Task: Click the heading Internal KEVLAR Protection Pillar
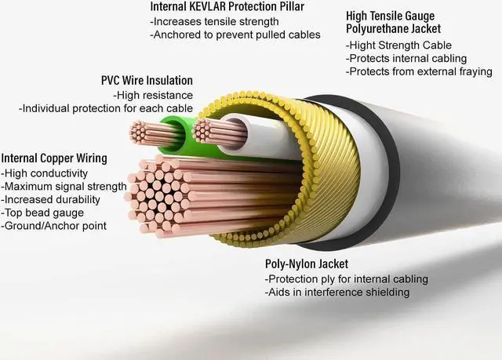point(228,7)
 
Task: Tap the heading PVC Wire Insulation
point(147,81)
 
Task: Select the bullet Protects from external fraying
point(419,71)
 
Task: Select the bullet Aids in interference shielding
point(337,293)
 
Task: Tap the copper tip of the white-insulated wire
point(206,130)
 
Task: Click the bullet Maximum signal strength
point(64,186)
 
